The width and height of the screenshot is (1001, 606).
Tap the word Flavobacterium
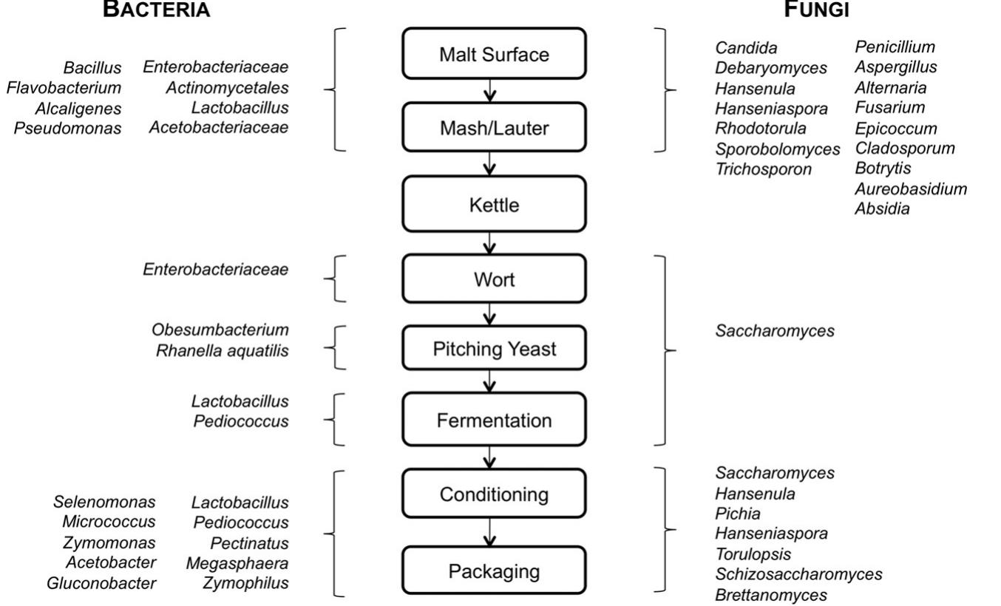pyautogui.click(x=64, y=88)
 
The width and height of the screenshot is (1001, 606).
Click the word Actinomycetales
pyautogui.click(x=227, y=88)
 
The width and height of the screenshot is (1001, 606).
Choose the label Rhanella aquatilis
pyautogui.click(x=222, y=350)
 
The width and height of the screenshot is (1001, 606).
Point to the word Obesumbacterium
pyautogui.click(x=220, y=330)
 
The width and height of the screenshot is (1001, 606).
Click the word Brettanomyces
pyautogui.click(x=771, y=594)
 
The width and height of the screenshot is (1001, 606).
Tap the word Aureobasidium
pyautogui.click(x=911, y=189)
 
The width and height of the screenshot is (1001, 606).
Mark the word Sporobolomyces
pyautogui.click(x=778, y=149)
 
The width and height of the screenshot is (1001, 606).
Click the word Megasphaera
pyautogui.click(x=237, y=563)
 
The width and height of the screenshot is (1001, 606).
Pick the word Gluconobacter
pyautogui.click(x=101, y=583)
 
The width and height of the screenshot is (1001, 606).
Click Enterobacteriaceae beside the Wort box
pyautogui.click(x=215, y=270)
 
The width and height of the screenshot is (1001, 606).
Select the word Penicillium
pyautogui.click(x=895, y=48)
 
